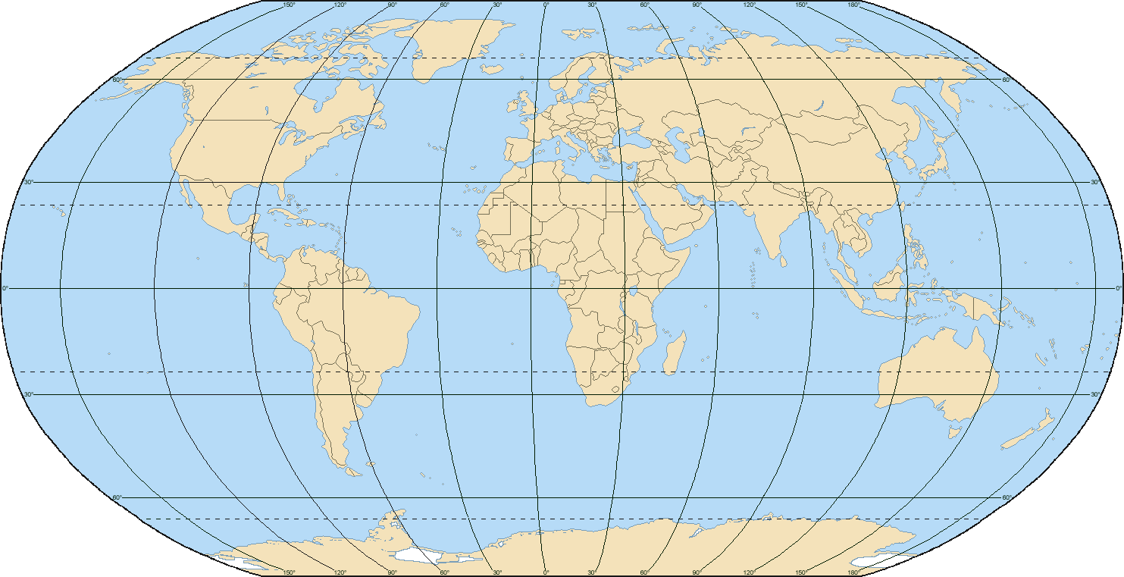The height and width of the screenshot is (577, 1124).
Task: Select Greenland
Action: pyautogui.click(x=455, y=45)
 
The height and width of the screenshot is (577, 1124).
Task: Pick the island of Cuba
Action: pyautogui.click(x=280, y=215)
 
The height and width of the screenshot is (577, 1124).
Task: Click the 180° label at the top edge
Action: pyautogui.click(x=853, y=5)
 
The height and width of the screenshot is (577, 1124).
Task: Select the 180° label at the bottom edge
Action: pyautogui.click(x=853, y=572)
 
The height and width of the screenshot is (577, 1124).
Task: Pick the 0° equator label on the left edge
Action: pyautogui.click(x=5, y=288)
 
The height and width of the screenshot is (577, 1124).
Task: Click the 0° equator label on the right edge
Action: pyautogui.click(x=1119, y=288)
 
